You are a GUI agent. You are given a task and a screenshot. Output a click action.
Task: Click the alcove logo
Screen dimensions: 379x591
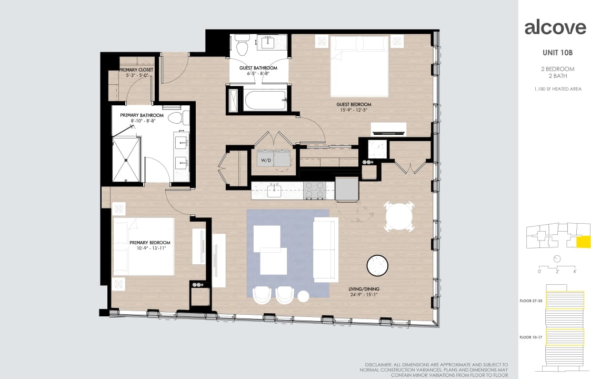click(555, 27)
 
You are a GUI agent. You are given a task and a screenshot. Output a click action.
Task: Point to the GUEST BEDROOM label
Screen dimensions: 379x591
click(354, 105)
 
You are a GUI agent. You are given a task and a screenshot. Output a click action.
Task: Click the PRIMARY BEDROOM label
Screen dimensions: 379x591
click(149, 243)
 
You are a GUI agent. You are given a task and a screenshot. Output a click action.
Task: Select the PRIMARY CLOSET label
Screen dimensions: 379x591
click(136, 70)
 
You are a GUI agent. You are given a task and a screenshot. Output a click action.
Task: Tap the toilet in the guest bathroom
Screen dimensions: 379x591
click(242, 46)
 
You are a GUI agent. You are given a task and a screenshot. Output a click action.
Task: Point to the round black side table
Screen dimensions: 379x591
click(377, 266)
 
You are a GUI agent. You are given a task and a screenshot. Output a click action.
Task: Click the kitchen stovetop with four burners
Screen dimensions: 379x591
click(315, 191)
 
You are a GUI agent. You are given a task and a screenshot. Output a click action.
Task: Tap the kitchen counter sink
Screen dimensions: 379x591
click(274, 191)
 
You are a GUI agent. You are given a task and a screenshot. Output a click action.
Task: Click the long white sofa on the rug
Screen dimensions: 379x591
click(325, 250)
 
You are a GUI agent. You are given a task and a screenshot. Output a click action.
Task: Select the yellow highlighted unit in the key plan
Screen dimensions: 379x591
click(583, 242)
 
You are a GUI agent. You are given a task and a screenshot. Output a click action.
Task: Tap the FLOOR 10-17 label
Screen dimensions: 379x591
click(530, 337)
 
